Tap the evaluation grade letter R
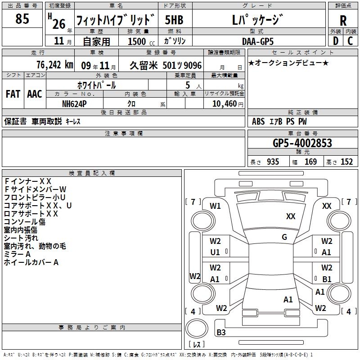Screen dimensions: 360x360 point(343,21)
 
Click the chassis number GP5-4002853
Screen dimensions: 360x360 point(302,143)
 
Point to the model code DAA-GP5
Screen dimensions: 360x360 point(257,41)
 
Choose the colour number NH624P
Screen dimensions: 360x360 point(75,103)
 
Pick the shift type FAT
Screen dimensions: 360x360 point(13,94)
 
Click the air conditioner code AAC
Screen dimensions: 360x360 point(34,94)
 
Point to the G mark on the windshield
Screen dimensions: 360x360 point(284,237)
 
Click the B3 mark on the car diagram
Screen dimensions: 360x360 point(221,333)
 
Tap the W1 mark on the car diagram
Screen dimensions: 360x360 point(215,206)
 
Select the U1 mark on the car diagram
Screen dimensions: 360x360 point(215,252)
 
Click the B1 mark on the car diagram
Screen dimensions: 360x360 point(327,279)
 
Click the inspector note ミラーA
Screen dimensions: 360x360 point(18,254)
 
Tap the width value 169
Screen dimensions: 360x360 point(310,162)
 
